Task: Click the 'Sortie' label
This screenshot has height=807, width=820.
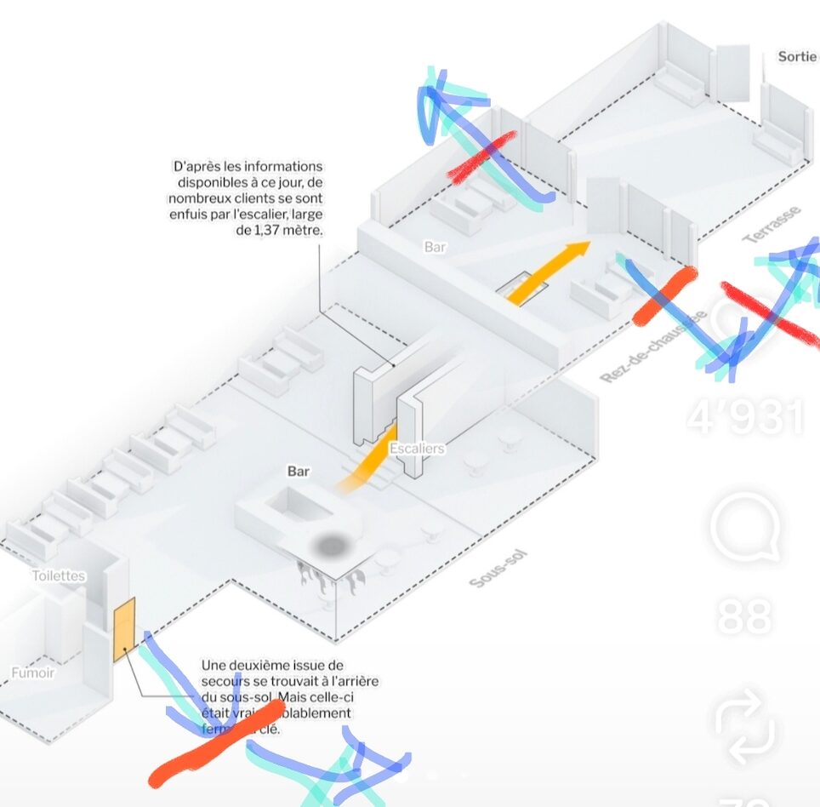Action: [797, 57]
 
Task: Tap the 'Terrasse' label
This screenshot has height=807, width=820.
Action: [772, 224]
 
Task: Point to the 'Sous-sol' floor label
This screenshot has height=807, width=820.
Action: [498, 569]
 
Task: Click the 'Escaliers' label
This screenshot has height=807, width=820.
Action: [416, 448]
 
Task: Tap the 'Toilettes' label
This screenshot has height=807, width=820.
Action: [59, 575]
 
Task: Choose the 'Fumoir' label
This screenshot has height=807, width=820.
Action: [33, 672]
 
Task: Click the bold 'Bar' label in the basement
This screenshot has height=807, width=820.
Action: [299, 471]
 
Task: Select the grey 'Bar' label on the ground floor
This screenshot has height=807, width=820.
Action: [435, 247]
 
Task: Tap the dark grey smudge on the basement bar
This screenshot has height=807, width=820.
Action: [332, 544]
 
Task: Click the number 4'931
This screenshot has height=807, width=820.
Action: [746, 417]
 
